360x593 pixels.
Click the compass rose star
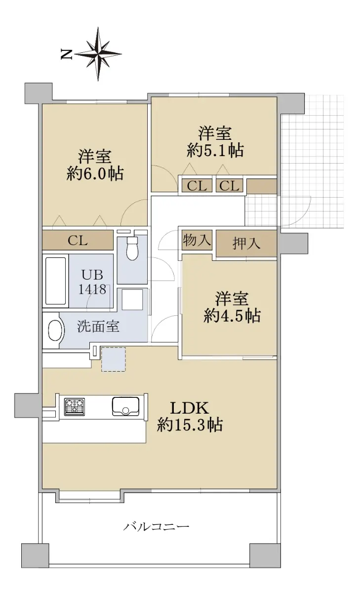click(98, 54)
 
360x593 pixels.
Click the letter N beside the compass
click(66, 54)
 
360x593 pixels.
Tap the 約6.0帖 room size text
click(95, 174)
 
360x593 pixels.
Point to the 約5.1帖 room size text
click(215, 151)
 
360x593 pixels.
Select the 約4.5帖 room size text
click(232, 316)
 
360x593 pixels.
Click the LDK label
click(190, 408)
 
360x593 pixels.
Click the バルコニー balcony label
click(157, 526)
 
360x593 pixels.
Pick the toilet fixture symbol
click(132, 248)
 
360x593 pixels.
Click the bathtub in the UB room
click(55, 281)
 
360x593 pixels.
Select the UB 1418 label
click(92, 282)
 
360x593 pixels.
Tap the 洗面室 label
click(98, 327)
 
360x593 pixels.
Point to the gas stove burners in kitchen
click(75, 407)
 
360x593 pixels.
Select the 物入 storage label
click(197, 240)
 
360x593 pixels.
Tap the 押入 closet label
click(246, 244)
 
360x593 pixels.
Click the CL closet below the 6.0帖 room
click(78, 240)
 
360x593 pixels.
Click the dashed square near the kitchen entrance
click(114, 359)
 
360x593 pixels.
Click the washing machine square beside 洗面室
click(132, 299)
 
